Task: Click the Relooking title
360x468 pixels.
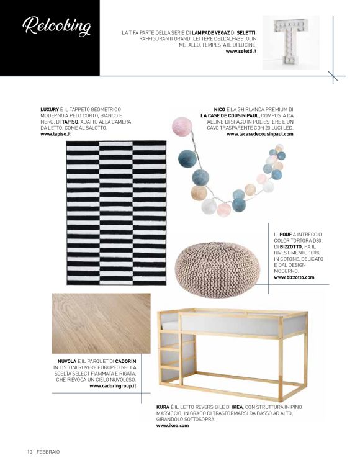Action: click(56, 27)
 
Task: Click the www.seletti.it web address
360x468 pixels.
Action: click(240, 51)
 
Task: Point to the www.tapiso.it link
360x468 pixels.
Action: click(56, 133)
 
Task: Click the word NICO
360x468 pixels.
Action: click(219, 109)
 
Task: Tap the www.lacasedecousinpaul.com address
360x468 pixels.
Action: click(259, 133)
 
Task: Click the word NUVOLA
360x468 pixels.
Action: click(66, 361)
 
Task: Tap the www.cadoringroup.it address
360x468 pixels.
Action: click(112, 385)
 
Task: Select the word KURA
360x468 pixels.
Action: click(163, 407)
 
